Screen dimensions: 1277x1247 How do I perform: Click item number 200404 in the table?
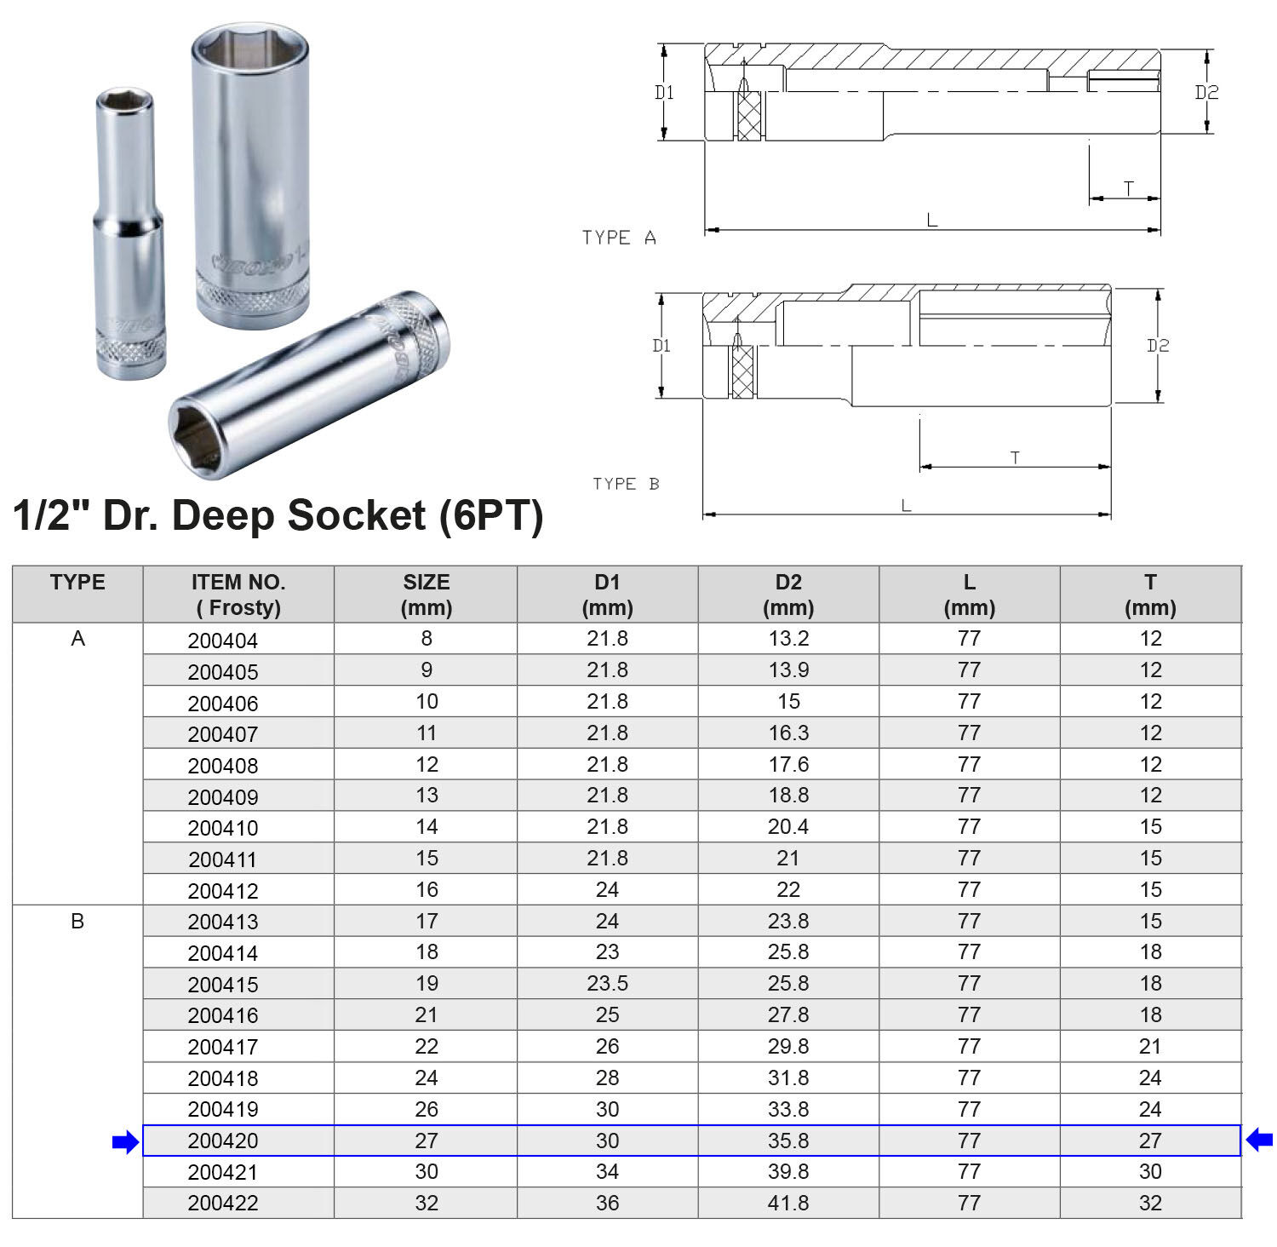click(222, 641)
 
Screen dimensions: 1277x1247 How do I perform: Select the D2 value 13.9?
click(788, 670)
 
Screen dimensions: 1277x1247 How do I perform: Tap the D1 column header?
click(607, 595)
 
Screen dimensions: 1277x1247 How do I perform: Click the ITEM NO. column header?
click(238, 595)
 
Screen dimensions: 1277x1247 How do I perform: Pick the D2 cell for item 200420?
click(788, 1141)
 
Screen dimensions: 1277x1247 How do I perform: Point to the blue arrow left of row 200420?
click(125, 1142)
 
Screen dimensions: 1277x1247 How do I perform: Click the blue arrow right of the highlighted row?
click(1259, 1139)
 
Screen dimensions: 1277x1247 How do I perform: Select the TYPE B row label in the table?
click(77, 922)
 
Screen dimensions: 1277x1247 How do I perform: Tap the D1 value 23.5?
click(607, 984)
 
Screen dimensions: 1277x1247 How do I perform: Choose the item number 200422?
click(222, 1204)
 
